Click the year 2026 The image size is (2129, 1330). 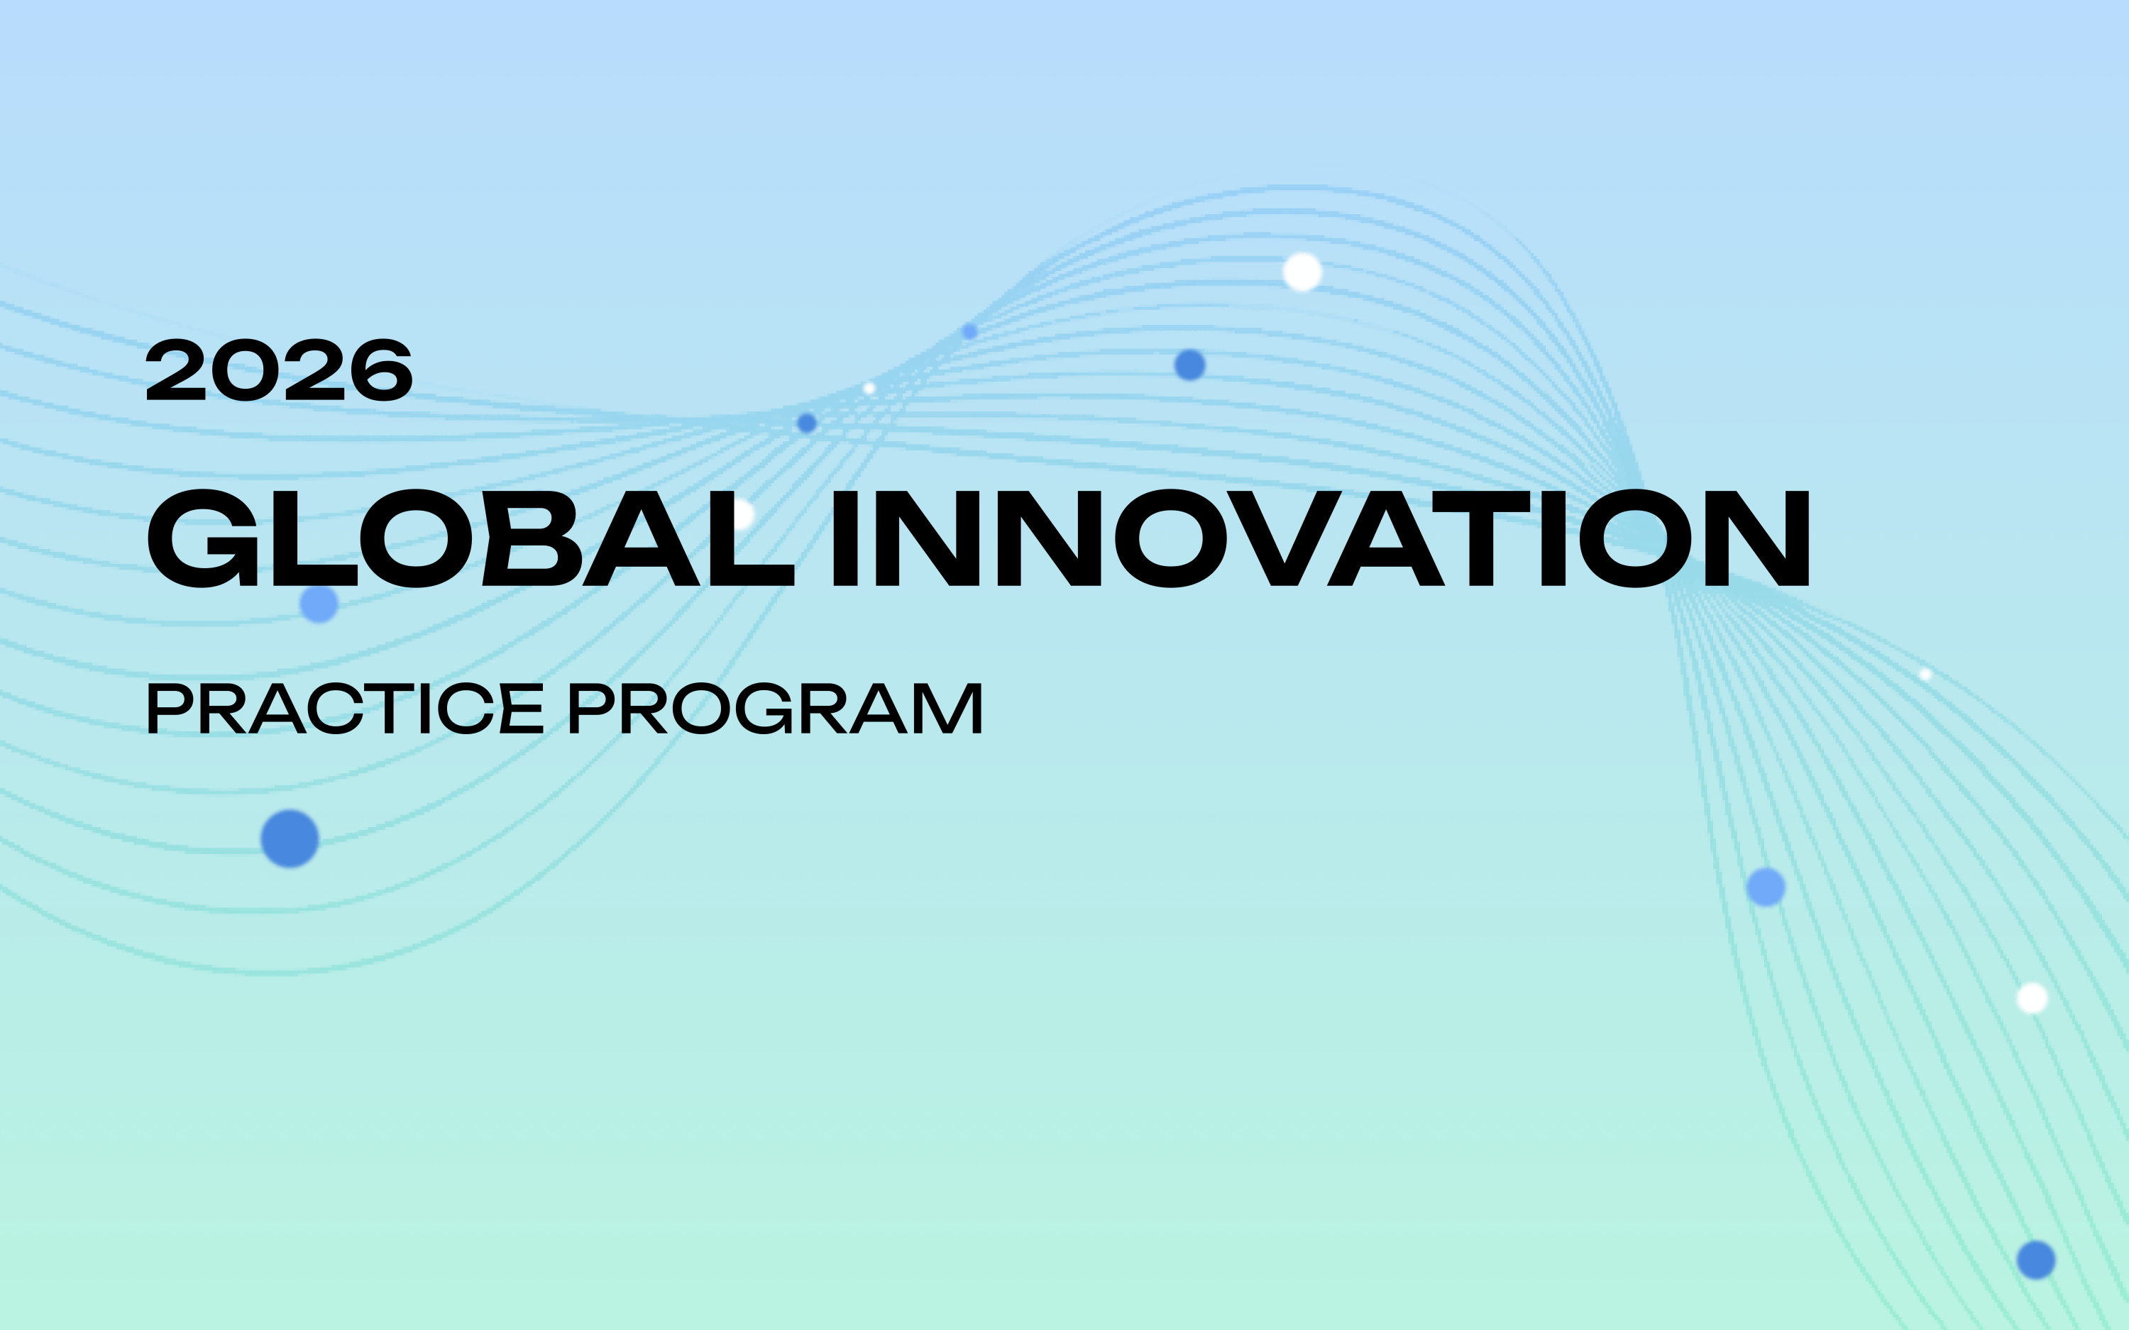(279, 371)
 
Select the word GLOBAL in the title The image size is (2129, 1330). (471, 538)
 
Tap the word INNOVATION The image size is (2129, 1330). (1321, 538)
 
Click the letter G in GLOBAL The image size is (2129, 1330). (202, 538)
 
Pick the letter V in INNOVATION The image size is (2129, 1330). (1284, 538)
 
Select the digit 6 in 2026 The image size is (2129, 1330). (379, 371)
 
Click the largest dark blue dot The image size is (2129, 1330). (290, 838)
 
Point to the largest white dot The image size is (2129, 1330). (1302, 272)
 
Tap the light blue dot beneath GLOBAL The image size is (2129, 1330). (319, 604)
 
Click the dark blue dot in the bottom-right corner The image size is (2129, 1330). (2036, 1260)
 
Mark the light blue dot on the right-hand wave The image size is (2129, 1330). (1765, 887)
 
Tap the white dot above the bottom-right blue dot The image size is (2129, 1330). (2032, 998)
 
